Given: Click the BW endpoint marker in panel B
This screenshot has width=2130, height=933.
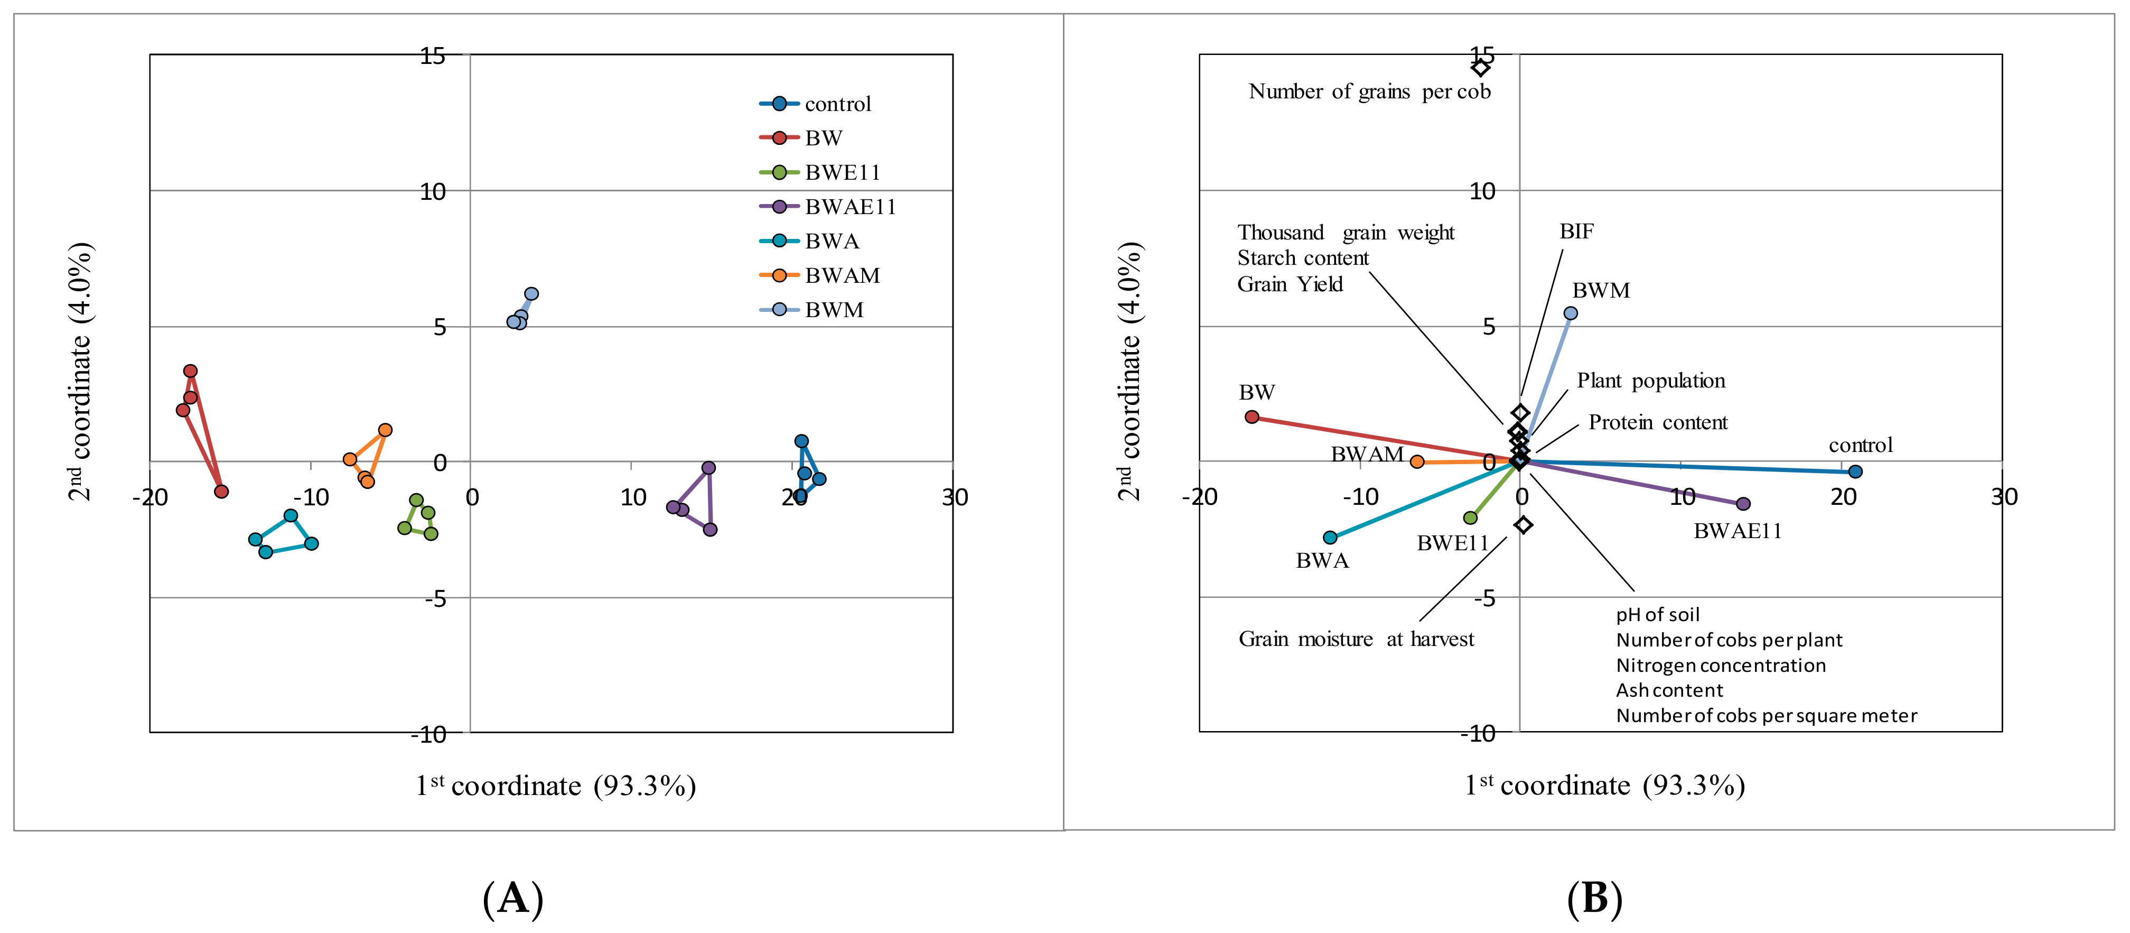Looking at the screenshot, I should tap(1252, 417).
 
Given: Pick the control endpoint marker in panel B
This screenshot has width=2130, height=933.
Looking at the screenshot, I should tap(1855, 472).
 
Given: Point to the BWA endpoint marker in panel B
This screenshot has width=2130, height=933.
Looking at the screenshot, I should tap(1330, 538).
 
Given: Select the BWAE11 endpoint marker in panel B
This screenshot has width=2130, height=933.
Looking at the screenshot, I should tap(1743, 504).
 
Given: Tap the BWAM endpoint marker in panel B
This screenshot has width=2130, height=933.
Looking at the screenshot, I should tap(1417, 461).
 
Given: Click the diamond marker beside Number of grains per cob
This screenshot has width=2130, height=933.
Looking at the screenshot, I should tap(1480, 67).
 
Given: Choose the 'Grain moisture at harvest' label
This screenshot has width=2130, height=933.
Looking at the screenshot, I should tap(1356, 640).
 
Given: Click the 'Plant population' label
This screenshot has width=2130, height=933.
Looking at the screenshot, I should tap(1650, 381).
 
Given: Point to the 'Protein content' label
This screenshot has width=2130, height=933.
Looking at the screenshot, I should tap(1657, 423).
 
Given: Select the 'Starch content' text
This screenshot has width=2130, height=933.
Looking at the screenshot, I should tap(1302, 258).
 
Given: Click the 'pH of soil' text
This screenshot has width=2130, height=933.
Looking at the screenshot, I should tap(1657, 615).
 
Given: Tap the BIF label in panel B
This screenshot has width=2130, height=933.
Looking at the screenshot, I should tap(1576, 232).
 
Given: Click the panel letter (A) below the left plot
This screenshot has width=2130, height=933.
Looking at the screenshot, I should tap(512, 898).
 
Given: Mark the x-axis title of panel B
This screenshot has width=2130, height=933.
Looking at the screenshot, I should tap(1604, 785).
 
